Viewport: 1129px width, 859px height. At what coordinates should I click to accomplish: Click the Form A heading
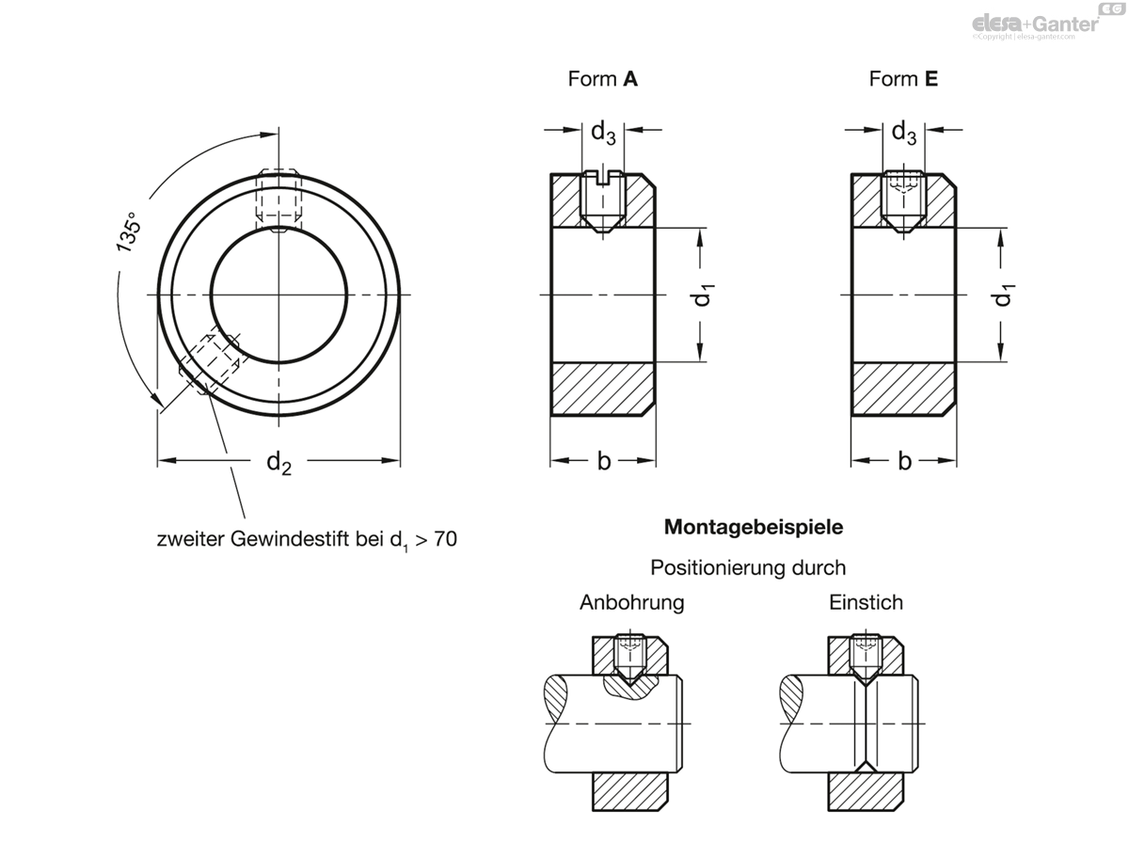[602, 79]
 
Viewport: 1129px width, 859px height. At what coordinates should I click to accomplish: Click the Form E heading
[903, 79]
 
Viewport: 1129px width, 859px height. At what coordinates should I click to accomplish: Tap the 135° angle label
[128, 232]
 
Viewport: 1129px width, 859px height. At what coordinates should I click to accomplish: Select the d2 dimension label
[278, 462]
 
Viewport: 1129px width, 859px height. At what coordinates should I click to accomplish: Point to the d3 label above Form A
[603, 134]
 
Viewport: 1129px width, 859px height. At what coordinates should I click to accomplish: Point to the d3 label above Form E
[904, 134]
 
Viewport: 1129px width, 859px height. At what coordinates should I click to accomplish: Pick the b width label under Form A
[604, 461]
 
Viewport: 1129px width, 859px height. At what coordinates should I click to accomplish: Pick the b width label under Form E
[905, 461]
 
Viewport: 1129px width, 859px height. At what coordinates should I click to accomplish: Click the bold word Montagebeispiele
[754, 527]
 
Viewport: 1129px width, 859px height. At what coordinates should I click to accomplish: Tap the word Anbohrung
[631, 602]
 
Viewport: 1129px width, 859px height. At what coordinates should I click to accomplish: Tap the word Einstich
[866, 602]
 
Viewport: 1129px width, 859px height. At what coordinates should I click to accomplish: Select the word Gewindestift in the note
[290, 539]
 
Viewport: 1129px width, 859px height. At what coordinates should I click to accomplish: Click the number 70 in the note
[445, 539]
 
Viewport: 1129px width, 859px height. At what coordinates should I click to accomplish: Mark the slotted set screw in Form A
[603, 202]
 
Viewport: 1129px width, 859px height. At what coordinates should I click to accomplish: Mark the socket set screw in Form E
[904, 202]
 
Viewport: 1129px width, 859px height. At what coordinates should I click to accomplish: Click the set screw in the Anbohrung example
[630, 659]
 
